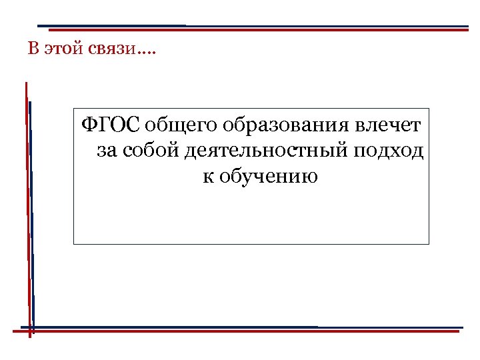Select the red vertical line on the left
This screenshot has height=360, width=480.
pos(27,200)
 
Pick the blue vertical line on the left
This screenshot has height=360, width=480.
pos(31,213)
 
